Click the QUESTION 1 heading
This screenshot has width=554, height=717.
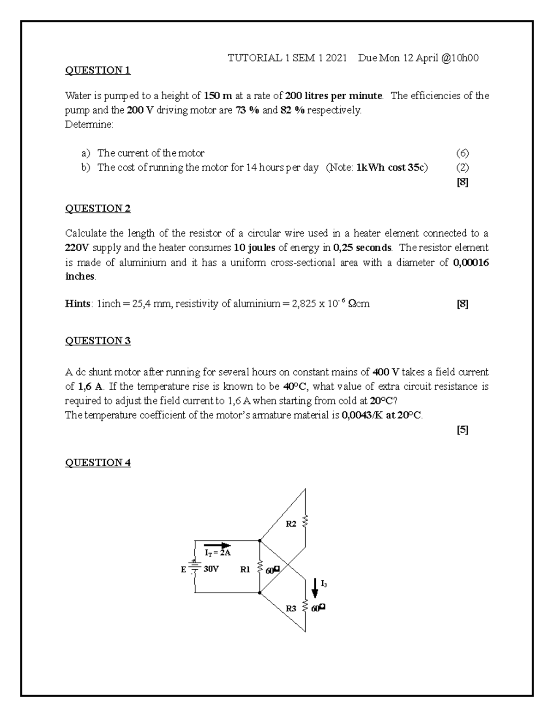(x=98, y=71)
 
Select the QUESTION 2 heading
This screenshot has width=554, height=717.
(x=98, y=209)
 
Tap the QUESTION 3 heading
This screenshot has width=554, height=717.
(x=98, y=341)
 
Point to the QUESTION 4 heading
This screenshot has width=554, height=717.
(x=98, y=463)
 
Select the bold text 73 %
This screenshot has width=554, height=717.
(x=247, y=111)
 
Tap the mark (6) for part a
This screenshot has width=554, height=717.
(x=462, y=153)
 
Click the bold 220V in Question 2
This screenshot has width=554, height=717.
(x=76, y=248)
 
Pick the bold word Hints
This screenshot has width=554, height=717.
(x=78, y=304)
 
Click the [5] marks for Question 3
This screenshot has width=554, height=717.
(x=462, y=430)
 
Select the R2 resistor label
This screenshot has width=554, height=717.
(x=291, y=524)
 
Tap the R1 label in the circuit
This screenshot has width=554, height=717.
(x=246, y=569)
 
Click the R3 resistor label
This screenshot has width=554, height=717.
(x=291, y=609)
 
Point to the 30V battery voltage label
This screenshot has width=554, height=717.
(x=211, y=569)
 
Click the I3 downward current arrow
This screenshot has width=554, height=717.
(x=315, y=587)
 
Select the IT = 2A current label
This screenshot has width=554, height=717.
(x=217, y=553)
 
